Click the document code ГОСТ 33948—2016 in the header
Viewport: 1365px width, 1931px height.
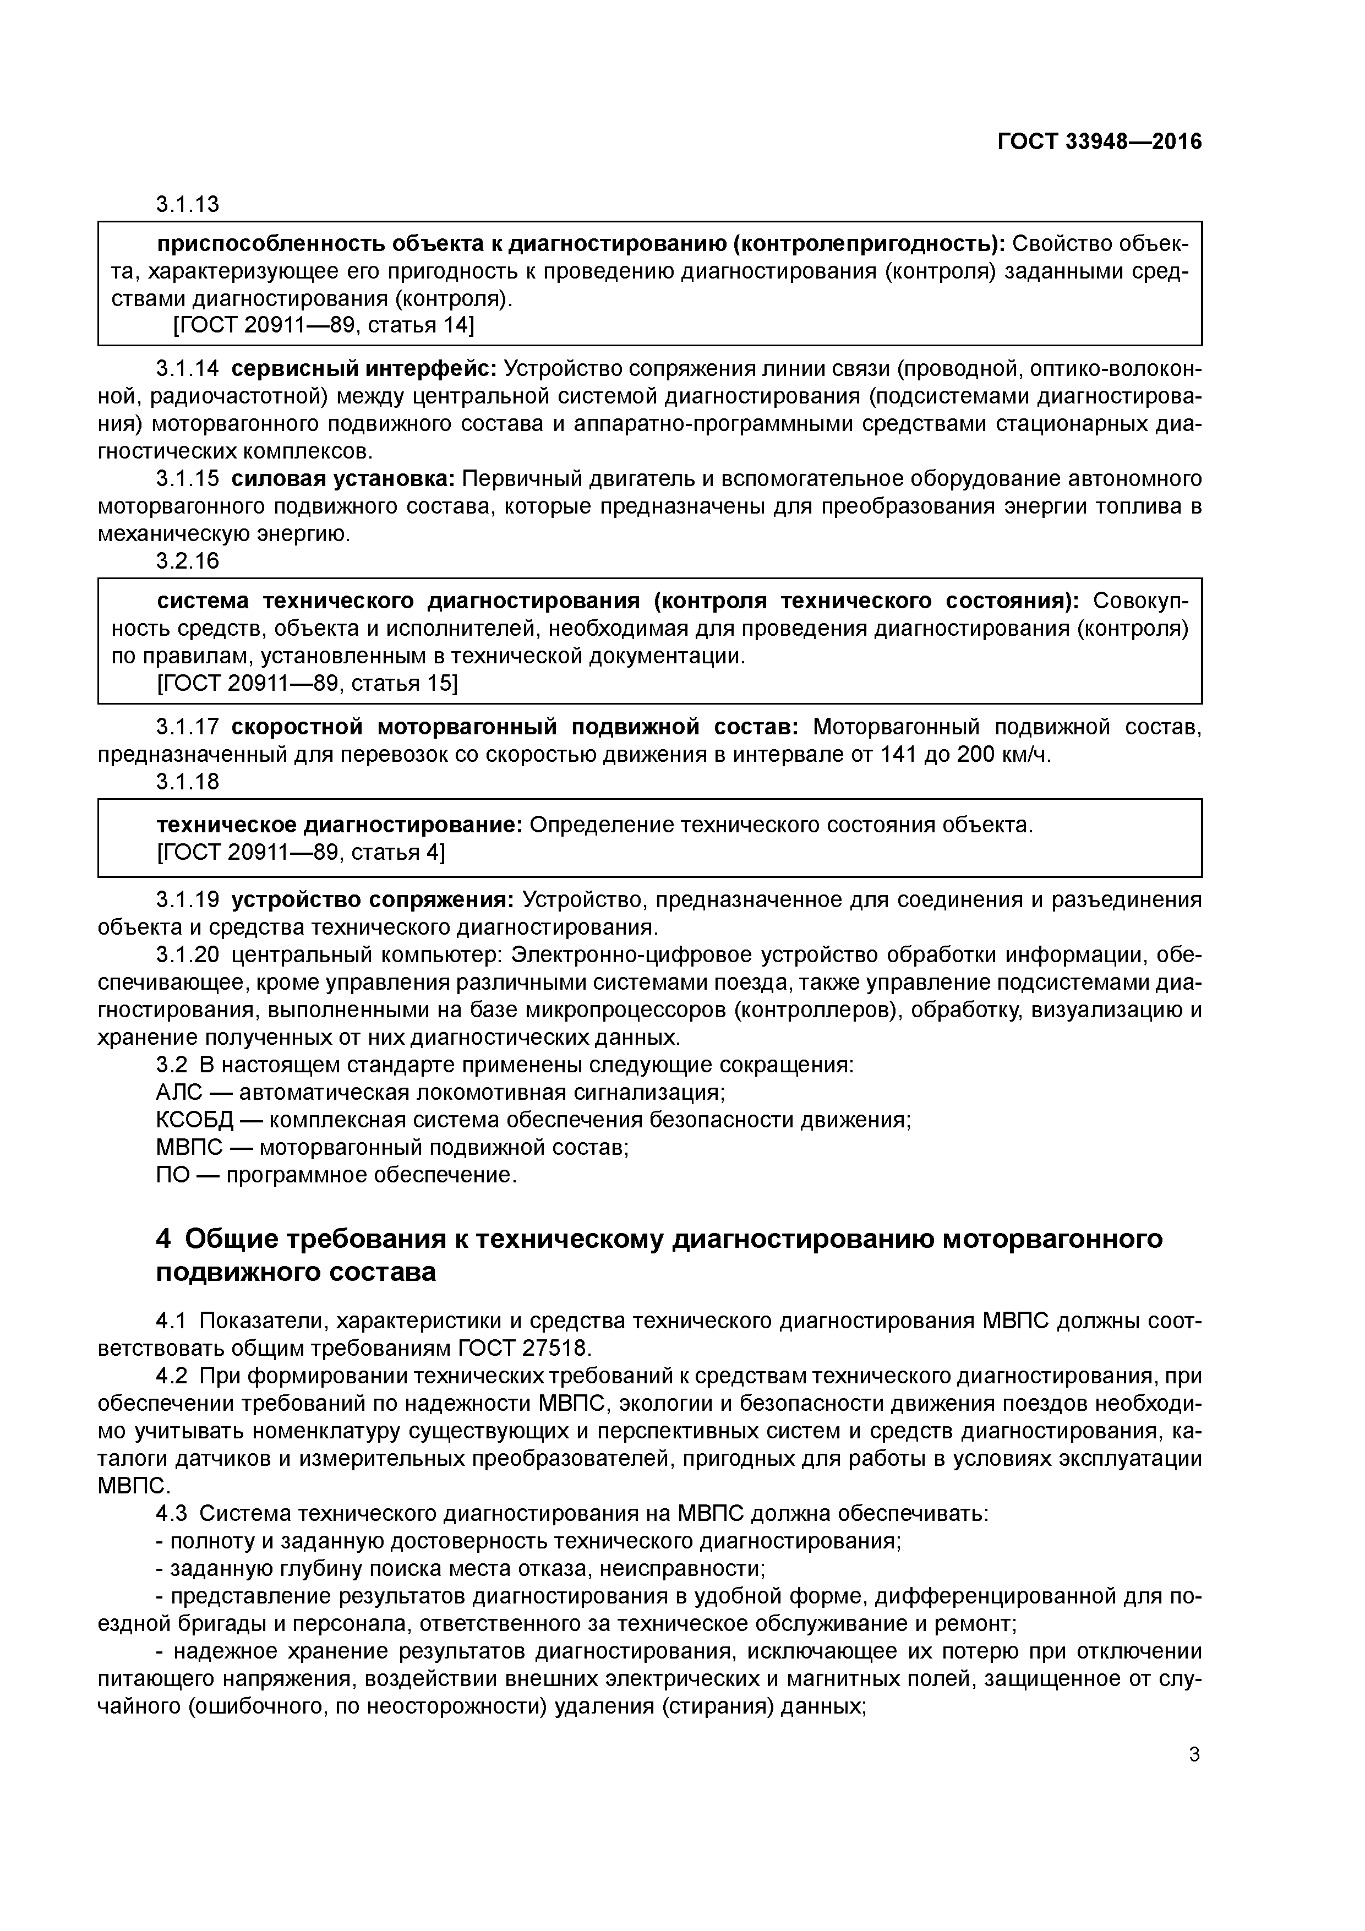click(x=1099, y=142)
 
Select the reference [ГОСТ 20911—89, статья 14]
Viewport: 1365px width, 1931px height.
click(x=323, y=325)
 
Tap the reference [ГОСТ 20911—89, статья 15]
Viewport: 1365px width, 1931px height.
click(x=307, y=684)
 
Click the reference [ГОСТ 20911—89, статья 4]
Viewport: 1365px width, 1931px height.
click(x=301, y=852)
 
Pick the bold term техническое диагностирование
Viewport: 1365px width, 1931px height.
click(x=340, y=825)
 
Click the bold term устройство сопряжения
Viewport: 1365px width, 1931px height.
click(x=372, y=900)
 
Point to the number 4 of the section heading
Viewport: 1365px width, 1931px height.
click(x=164, y=1239)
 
